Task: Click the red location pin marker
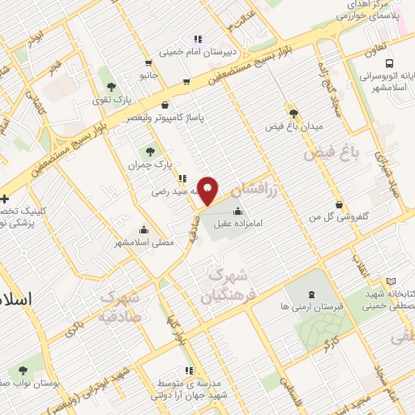point(208,190)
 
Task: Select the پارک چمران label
point(151,165)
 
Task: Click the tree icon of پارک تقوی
point(111,85)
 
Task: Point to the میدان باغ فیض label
point(294,127)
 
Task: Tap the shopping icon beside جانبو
point(148,63)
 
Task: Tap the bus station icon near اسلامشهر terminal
point(391,63)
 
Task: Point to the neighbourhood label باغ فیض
point(332,152)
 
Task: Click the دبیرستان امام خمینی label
point(197,52)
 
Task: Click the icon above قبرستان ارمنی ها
point(313,293)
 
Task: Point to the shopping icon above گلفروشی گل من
point(339,204)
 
